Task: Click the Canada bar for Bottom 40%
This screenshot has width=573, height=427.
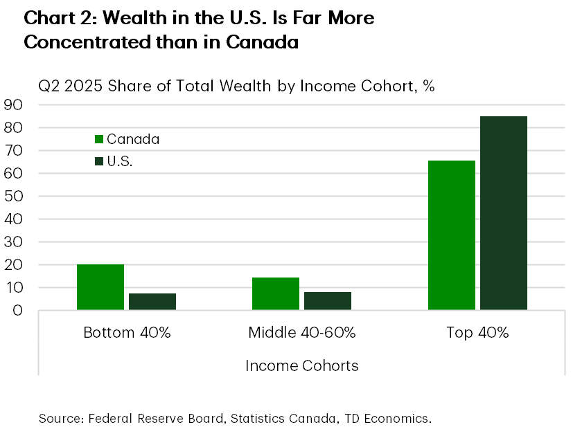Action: pyautogui.click(x=100, y=287)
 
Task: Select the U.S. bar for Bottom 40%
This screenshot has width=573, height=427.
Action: pyautogui.click(x=152, y=302)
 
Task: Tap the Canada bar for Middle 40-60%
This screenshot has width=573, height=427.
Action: pyautogui.click(x=276, y=293)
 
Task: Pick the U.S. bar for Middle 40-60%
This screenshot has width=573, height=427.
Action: pyautogui.click(x=328, y=301)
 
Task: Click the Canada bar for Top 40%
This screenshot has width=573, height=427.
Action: pyautogui.click(x=452, y=235)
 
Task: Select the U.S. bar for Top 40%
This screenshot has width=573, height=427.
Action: pyautogui.click(x=504, y=213)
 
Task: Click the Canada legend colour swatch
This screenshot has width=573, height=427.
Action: pyautogui.click(x=98, y=139)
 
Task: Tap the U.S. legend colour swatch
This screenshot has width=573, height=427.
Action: pyautogui.click(x=98, y=162)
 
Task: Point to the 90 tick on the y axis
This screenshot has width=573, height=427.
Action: pyautogui.click(x=14, y=105)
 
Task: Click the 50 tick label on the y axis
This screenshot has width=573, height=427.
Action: pyautogui.click(x=14, y=196)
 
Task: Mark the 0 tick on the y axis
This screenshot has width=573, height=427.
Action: pyautogui.click(x=19, y=310)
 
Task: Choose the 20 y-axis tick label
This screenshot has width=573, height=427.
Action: pyautogui.click(x=14, y=264)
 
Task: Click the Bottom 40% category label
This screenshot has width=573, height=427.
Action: pyautogui.click(x=127, y=332)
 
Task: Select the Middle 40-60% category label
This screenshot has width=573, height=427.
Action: pyautogui.click(x=302, y=332)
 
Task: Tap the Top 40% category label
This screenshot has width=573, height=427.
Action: pyautogui.click(x=477, y=332)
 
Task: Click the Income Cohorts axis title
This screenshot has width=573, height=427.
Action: pyautogui.click(x=302, y=365)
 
